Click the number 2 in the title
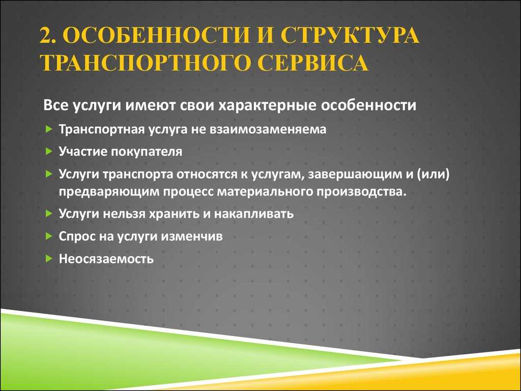coord(45,36)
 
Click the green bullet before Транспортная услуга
coord(49,129)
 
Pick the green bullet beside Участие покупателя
coord(49,152)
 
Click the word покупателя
coord(147,152)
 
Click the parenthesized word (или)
coord(432,175)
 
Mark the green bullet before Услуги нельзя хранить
coord(49,213)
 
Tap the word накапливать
coord(253,214)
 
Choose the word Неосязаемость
coord(106,259)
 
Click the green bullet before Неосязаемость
coord(49,258)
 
